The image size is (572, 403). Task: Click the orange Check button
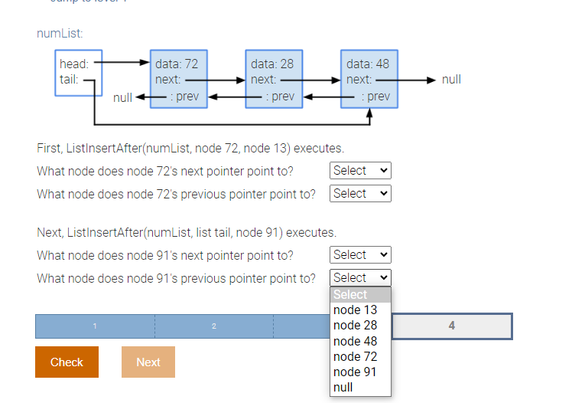tap(67, 362)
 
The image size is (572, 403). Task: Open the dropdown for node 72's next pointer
tap(360, 171)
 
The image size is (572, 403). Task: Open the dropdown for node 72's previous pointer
tap(360, 194)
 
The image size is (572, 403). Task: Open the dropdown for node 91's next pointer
tap(360, 255)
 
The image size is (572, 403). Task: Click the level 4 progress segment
tap(451, 326)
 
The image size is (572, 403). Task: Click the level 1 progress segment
tap(95, 326)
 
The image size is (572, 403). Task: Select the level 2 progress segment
tap(214, 326)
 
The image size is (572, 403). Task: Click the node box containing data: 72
tap(178, 79)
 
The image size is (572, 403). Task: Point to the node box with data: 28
tap(274, 79)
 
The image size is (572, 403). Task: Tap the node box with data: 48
tap(369, 79)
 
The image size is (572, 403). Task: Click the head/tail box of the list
tap(78, 73)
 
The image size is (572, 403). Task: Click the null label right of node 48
tap(451, 80)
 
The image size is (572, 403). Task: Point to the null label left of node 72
tap(122, 97)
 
